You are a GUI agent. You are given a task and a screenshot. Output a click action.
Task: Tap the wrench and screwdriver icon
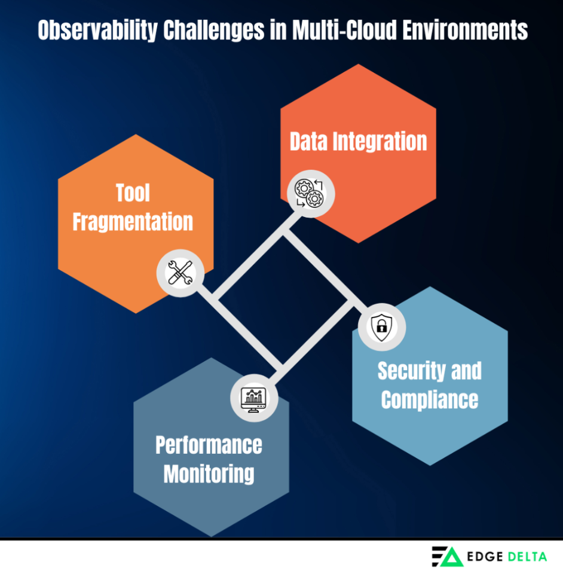click(x=180, y=273)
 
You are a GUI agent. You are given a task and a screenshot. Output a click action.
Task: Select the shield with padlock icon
click(x=381, y=326)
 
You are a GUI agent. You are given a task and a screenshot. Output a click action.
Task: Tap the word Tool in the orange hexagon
click(x=133, y=193)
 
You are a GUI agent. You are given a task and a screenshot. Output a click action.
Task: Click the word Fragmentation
click(x=133, y=222)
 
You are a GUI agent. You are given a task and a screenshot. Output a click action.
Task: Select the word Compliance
click(x=429, y=399)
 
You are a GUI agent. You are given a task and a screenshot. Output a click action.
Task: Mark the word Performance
click(x=209, y=445)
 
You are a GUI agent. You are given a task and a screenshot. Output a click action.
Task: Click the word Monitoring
click(x=209, y=474)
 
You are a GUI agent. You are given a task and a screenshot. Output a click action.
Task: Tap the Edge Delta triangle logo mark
click(x=447, y=555)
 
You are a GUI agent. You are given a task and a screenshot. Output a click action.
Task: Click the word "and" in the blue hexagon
click(x=467, y=371)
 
